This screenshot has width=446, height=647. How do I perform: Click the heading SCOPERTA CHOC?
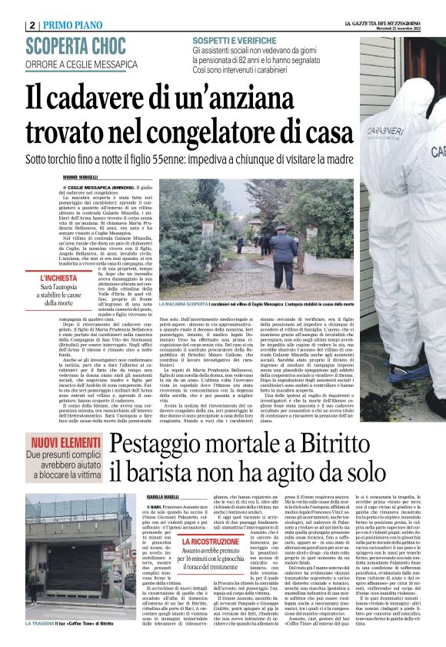75,47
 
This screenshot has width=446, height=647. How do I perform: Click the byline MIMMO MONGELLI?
81,178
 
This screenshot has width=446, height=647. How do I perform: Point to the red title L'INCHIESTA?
58,277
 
